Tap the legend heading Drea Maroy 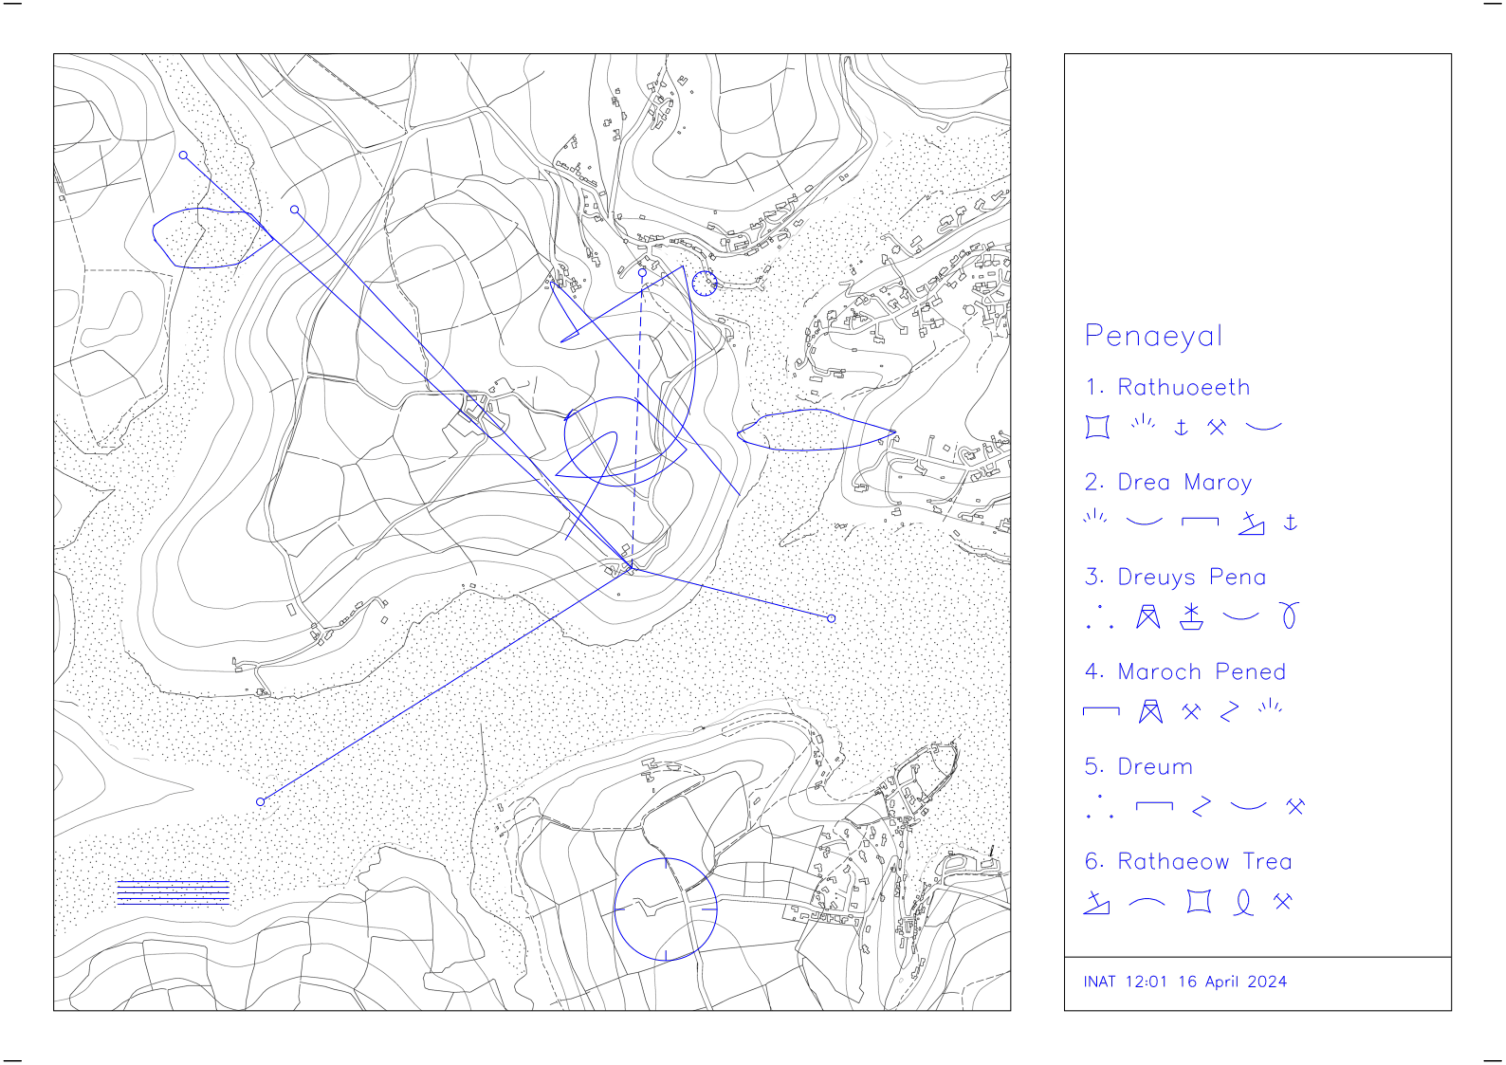[x=1184, y=483]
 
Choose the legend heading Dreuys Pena [x=1191, y=577]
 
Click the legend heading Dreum [x=1155, y=767]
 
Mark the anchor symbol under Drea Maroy [x=1290, y=523]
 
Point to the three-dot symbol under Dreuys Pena [x=1099, y=617]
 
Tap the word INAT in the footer [x=1099, y=982]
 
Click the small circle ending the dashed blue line [x=642, y=272]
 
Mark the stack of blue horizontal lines [x=173, y=893]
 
